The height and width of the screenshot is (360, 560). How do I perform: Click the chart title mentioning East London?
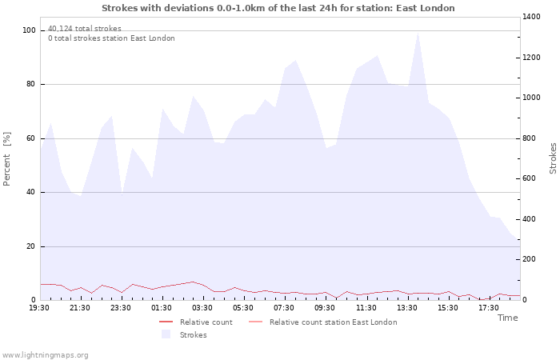click(278, 8)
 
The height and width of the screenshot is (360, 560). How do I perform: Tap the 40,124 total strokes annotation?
click(85, 29)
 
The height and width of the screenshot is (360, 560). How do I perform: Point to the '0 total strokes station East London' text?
click(111, 38)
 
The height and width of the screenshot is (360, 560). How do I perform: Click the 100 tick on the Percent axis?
click(29, 30)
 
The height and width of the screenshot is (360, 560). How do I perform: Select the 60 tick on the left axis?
click(31, 138)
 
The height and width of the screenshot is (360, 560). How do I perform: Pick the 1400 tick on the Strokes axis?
click(531, 17)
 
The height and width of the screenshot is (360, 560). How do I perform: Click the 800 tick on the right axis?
click(530, 138)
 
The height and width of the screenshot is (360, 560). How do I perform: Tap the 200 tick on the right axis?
click(530, 259)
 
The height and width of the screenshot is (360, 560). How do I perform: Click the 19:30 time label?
click(39, 308)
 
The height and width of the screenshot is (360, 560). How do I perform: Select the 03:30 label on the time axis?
click(202, 308)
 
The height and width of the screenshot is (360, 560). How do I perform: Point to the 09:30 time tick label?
click(325, 308)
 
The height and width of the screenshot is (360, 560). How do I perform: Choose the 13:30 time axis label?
click(406, 308)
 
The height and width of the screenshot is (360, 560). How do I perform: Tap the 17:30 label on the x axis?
click(489, 308)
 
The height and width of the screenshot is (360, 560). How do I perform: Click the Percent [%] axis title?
click(6, 159)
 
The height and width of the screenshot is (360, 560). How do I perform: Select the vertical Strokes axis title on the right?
click(553, 158)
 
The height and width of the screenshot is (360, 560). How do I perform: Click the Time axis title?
click(508, 318)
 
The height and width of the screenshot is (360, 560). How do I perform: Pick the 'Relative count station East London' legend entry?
click(323, 322)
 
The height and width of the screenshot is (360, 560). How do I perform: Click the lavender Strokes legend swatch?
click(166, 334)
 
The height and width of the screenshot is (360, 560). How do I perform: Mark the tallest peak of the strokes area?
click(418, 33)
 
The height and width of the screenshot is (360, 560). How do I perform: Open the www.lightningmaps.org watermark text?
click(45, 355)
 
